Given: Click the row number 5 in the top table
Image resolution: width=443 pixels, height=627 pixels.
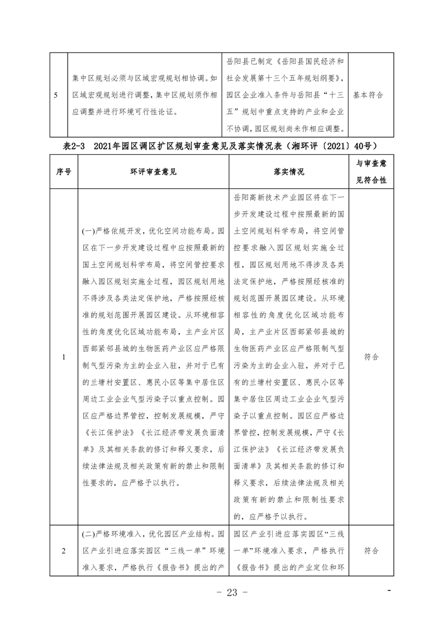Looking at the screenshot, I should pos(58,95).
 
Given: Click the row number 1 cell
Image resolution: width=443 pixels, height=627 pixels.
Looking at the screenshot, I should pos(64,357).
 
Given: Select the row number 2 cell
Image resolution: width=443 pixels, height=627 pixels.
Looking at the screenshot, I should pos(64,551).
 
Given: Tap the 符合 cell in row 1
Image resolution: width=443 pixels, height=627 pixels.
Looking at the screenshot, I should pos(371,357).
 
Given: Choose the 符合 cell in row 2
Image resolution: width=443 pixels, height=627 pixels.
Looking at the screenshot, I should pos(371,551).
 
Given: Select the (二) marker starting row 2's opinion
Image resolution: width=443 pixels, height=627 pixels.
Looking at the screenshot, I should pos(89,534).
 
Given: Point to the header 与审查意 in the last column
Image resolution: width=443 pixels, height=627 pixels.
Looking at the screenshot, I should pos(371,163).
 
